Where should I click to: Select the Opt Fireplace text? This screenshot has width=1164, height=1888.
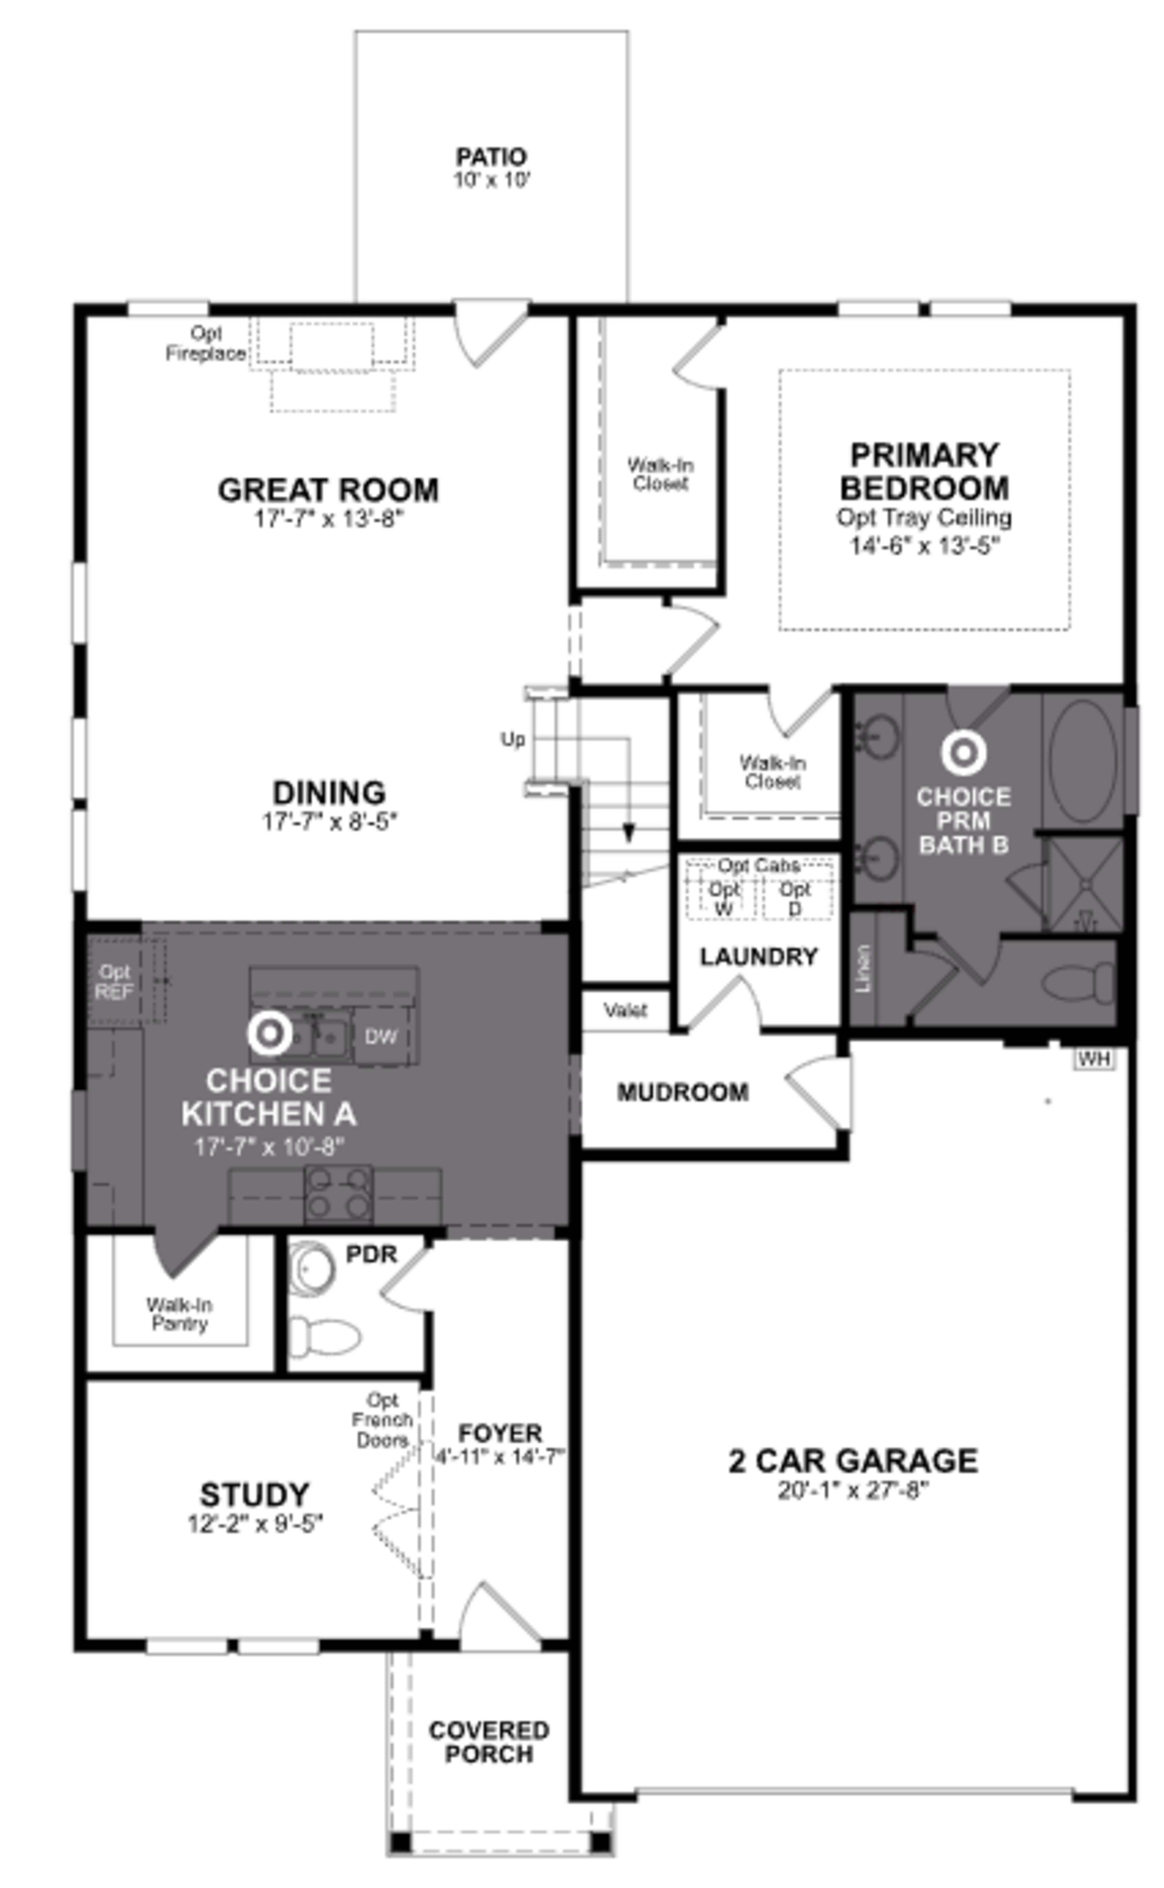[x=206, y=344]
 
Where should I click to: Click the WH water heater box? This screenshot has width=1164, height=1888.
[x=1094, y=1059]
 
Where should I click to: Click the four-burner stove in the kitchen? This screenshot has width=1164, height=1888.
[x=339, y=1193]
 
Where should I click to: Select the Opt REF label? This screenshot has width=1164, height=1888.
[x=114, y=982]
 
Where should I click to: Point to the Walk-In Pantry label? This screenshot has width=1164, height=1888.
[x=179, y=1314]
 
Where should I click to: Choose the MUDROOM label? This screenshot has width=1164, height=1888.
[x=682, y=1092]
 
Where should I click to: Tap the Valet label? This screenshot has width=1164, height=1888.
[x=625, y=1010]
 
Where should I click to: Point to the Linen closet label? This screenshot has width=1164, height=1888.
[x=863, y=968]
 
